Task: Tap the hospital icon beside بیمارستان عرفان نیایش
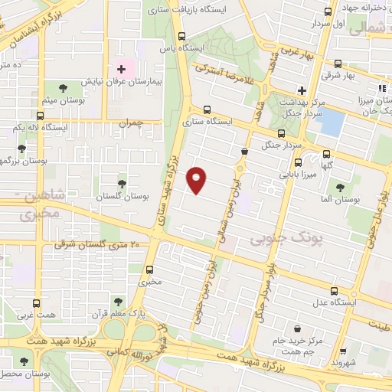tap(120, 69)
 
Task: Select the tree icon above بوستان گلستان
tap(122, 183)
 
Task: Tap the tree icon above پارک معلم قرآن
tap(118, 300)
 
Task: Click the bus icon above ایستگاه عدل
tap(334, 291)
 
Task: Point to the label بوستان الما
tap(341, 200)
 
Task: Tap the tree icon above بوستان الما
tap(341, 186)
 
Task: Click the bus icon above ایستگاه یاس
tap(181, 35)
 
